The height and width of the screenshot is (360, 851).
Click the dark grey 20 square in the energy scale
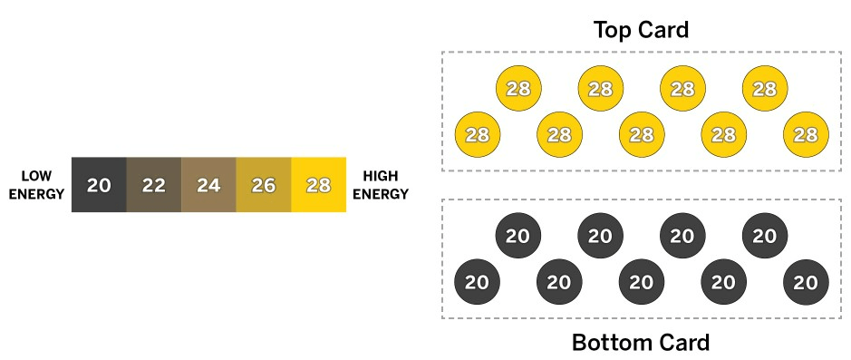pyautogui.click(x=99, y=185)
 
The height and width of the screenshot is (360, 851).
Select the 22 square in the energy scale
pyautogui.click(x=153, y=185)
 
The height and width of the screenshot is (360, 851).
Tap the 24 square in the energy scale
pyautogui.click(x=208, y=185)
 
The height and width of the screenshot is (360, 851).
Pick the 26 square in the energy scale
pyautogui.click(x=264, y=185)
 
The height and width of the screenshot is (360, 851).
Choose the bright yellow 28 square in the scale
pyautogui.click(x=319, y=185)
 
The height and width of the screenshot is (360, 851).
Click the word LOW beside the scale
pyautogui.click(x=37, y=176)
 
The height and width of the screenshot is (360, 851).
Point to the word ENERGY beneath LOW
pyautogui.click(x=37, y=194)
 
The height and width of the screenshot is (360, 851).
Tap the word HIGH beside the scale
pyautogui.click(x=381, y=176)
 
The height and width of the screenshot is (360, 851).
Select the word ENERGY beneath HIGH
pyautogui.click(x=381, y=194)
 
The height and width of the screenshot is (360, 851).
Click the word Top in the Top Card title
pyautogui.click(x=613, y=30)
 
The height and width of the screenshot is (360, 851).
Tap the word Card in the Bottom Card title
pyautogui.click(x=685, y=343)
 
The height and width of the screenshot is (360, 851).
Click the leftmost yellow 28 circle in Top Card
pyautogui.click(x=478, y=135)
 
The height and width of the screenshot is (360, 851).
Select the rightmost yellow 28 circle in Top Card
pyautogui.click(x=806, y=135)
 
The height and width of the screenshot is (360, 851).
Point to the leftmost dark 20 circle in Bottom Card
pyautogui.click(x=477, y=282)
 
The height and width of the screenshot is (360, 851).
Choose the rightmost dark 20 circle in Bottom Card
pyautogui.click(x=806, y=282)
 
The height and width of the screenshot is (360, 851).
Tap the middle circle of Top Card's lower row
pyautogui.click(x=642, y=135)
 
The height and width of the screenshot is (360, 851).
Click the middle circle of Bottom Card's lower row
pyautogui.click(x=642, y=282)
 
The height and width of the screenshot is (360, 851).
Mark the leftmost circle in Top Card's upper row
pyautogui.click(x=519, y=89)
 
